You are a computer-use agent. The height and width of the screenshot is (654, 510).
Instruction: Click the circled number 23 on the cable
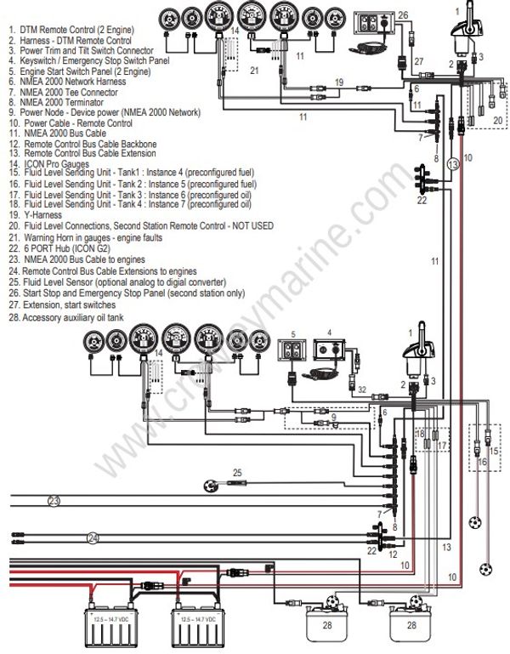click(54, 501)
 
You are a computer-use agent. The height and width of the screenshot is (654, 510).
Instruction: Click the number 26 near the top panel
click(403, 14)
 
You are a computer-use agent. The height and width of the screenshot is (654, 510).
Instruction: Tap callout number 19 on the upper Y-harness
click(338, 82)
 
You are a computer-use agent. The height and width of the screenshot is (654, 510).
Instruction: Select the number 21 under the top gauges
click(253, 71)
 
